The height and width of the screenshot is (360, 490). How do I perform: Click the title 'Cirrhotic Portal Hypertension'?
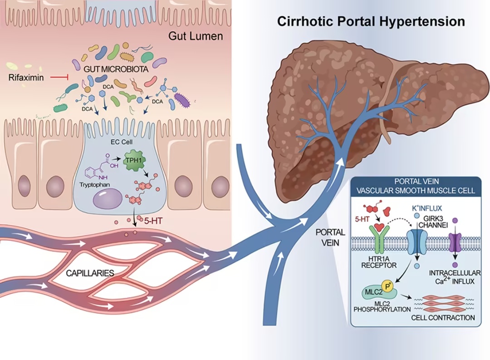371,22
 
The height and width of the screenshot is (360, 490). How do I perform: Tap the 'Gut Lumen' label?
196,36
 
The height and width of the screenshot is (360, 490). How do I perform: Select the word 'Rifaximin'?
26,78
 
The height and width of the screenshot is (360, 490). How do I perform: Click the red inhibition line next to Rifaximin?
59,77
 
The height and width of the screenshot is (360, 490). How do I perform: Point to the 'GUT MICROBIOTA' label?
116,69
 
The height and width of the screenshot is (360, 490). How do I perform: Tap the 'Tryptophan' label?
94,184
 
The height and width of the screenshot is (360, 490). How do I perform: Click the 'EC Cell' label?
122,142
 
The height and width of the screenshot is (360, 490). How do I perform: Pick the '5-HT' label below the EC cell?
153,221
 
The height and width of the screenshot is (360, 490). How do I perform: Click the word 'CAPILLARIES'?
90,273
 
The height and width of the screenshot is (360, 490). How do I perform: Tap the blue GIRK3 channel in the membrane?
417,241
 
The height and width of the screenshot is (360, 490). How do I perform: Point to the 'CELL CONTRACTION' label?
443,318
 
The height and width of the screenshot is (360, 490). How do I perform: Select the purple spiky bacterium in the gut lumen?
182,100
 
